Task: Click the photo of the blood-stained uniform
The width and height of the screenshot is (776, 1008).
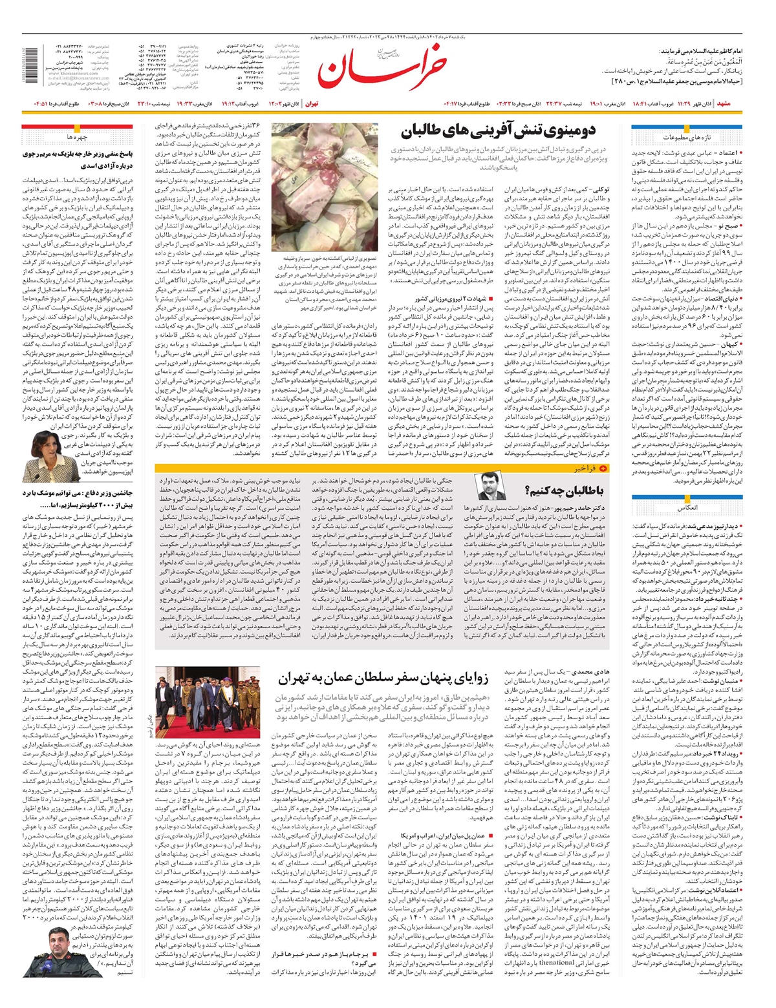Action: pyautogui.click(x=324, y=187)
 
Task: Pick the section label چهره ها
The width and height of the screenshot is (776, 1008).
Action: pyautogui.click(x=76, y=137)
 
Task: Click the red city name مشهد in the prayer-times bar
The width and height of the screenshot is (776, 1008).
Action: pyautogui.click(x=724, y=103)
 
